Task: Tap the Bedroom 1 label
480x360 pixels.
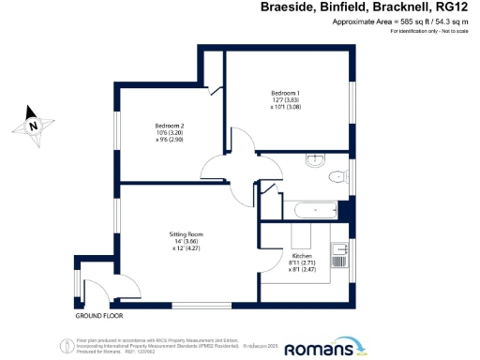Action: point(286,92)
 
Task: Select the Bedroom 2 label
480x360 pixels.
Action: point(170,126)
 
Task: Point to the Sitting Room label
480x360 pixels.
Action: point(186,233)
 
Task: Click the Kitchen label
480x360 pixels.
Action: point(302,256)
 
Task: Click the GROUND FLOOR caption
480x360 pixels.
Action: point(98,317)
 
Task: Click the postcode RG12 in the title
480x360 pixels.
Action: point(456,9)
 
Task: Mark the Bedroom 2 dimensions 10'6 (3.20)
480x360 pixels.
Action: point(170,134)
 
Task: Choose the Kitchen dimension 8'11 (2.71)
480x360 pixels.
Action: point(302,263)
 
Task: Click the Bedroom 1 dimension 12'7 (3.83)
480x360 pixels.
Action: point(286,100)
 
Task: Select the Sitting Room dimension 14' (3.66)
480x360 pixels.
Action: point(186,241)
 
